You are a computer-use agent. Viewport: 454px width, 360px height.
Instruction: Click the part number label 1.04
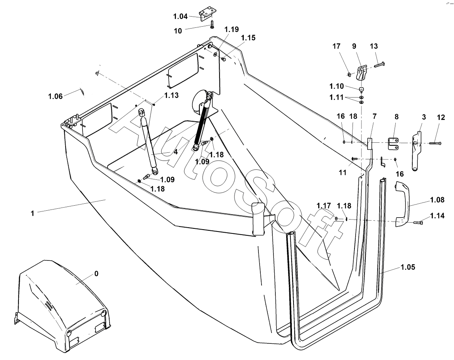coord(181,17)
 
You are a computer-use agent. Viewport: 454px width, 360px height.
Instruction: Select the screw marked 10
coord(212,24)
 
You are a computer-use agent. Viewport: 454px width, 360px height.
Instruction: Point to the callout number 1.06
coord(55,96)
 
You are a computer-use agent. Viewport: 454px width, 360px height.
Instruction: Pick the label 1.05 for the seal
coord(408,267)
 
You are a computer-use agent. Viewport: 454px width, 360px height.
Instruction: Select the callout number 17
coord(336,46)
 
